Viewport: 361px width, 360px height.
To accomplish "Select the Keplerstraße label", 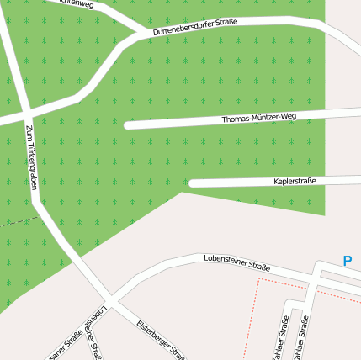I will (x=295, y=181).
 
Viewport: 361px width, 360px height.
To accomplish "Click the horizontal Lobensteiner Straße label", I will (x=237, y=262).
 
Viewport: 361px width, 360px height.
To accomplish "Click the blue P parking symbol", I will (x=347, y=262).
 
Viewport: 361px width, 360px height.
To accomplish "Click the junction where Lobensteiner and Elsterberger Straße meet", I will (x=110, y=301).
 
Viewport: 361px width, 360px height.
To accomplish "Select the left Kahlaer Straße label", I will (x=281, y=339).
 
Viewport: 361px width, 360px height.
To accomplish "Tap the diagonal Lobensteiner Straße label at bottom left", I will (x=95, y=331).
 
